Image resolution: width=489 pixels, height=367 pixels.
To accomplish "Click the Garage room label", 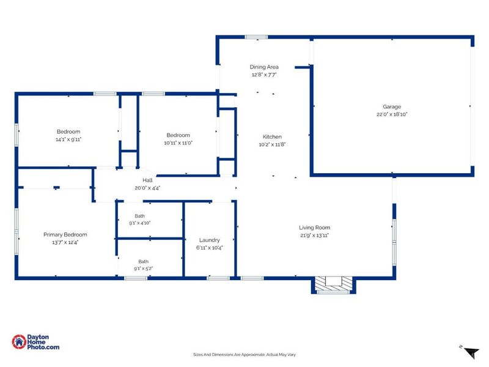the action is tap(392, 106).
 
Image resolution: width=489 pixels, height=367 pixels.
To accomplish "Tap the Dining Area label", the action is tap(264, 67).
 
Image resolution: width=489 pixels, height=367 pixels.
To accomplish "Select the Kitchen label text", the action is tap(272, 136).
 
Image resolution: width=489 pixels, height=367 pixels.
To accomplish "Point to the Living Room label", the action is tap(314, 228).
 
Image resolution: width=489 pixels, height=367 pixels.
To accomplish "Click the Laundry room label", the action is tap(209, 240).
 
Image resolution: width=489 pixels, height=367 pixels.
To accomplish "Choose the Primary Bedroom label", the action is tap(65, 235).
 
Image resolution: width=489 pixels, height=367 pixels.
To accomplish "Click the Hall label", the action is tap(147, 180).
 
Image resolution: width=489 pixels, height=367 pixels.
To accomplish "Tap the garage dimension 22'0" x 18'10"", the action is tap(392, 114).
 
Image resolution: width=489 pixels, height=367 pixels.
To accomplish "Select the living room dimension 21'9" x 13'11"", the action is tap(314, 235).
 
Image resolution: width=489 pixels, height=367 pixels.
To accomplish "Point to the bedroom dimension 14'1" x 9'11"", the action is tap(68, 139).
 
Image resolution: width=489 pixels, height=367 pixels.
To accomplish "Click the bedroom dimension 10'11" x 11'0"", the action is tap(178, 143).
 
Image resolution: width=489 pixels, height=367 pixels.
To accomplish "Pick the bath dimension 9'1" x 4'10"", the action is tap(139, 223).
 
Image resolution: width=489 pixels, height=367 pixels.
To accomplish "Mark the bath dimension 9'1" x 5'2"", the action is tap(143, 269).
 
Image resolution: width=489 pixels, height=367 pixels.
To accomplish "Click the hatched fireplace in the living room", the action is tap(333, 284).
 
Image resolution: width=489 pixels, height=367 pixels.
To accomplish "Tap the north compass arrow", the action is tap(471, 353).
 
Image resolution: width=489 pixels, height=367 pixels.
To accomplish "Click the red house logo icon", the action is tap(19, 342).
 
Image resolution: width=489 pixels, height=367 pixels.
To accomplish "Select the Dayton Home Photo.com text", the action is tap(43, 342).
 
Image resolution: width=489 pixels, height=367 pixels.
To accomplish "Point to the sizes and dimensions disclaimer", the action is tap(244, 355).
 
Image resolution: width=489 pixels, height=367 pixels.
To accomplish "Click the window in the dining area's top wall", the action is tap(256, 37).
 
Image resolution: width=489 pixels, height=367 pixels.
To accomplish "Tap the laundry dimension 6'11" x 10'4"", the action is tap(209, 248).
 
